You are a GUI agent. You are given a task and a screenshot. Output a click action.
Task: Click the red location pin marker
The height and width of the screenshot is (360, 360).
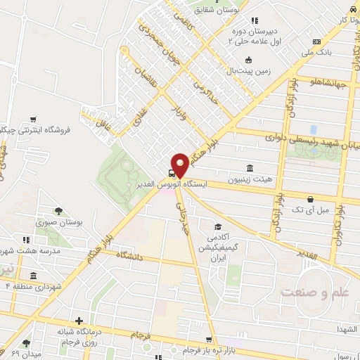tap(180, 165)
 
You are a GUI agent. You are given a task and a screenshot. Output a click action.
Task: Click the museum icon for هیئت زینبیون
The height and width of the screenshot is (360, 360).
tap(250, 168)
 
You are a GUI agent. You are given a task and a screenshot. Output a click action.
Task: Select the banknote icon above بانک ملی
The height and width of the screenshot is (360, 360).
tap(316, 41)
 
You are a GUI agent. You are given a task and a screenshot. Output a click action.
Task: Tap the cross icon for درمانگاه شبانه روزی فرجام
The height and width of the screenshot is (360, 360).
tap(79, 321)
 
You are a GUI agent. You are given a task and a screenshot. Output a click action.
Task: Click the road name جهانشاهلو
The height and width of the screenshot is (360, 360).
tap(328, 84)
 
